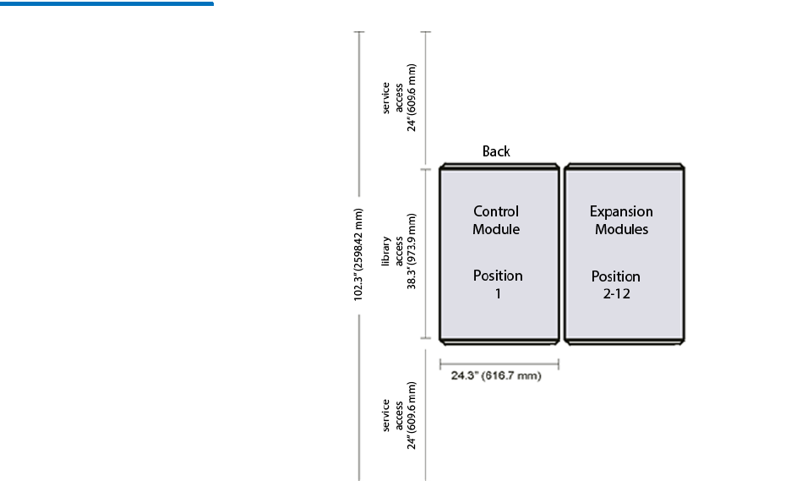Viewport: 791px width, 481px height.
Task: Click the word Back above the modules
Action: [496, 151]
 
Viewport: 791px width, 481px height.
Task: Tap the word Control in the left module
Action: [496, 211]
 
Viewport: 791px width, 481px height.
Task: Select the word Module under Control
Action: [496, 229]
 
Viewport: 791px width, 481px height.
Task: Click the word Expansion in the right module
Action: [621, 211]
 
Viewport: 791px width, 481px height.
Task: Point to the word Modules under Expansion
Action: [621, 229]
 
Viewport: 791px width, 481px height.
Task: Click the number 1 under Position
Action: [498, 293]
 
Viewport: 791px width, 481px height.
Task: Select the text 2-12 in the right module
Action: [616, 294]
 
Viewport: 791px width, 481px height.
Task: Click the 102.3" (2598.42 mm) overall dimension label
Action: [359, 254]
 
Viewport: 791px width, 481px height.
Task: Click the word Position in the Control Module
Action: [498, 276]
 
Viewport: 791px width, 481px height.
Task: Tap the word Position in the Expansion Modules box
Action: [616, 276]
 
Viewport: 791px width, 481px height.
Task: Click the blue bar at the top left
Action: [106, 3]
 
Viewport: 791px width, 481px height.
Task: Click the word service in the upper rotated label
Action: [387, 98]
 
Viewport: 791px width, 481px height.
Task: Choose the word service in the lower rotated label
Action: [387, 415]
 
